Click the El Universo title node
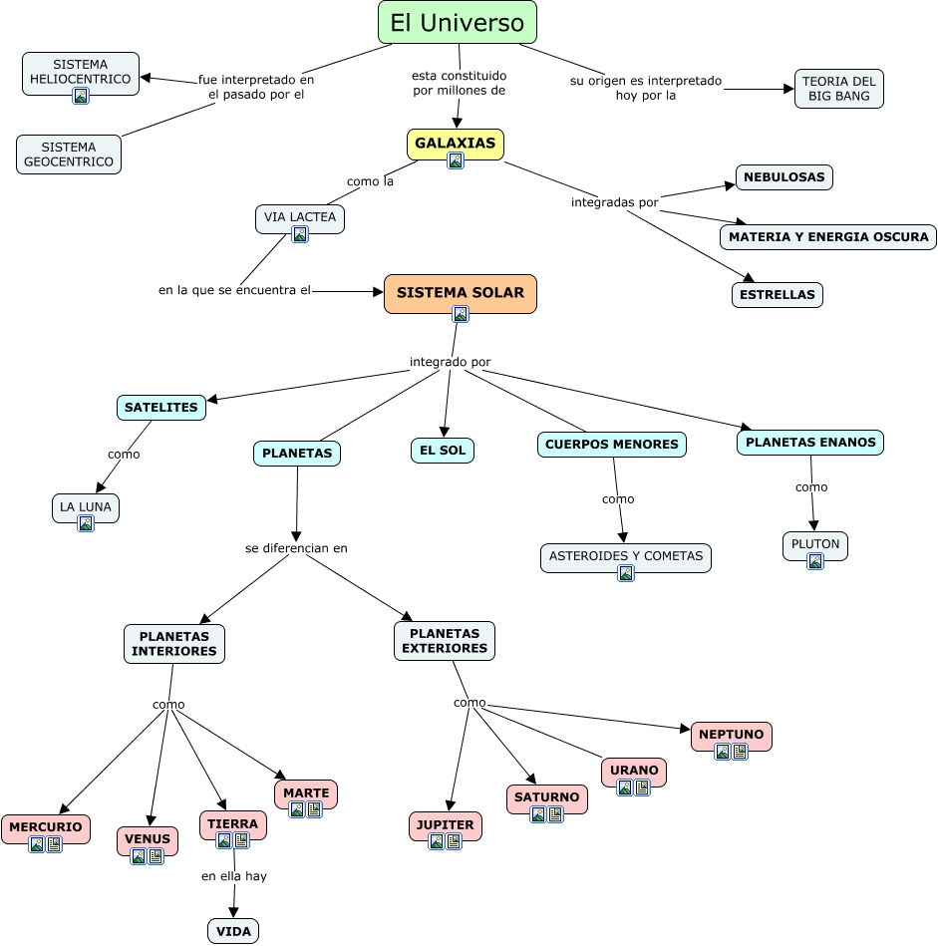click(458, 22)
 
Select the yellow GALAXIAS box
click(456, 144)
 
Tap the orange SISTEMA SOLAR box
click(461, 293)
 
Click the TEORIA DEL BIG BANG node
click(839, 89)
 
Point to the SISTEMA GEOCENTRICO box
click(69, 155)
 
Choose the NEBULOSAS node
click(784, 177)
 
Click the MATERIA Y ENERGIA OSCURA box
click(828, 237)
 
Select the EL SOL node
click(443, 451)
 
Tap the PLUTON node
click(815, 544)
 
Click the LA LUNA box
click(86, 506)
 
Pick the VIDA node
click(233, 931)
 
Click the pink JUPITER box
click(446, 825)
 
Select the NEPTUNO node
click(731, 735)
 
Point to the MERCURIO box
click(46, 827)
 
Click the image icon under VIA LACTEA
click(300, 234)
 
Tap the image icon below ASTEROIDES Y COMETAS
click(626, 573)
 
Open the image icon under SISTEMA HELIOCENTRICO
click(81, 96)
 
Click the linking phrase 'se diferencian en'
click(296, 548)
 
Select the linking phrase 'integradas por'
click(614, 202)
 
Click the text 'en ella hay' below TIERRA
click(233, 876)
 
